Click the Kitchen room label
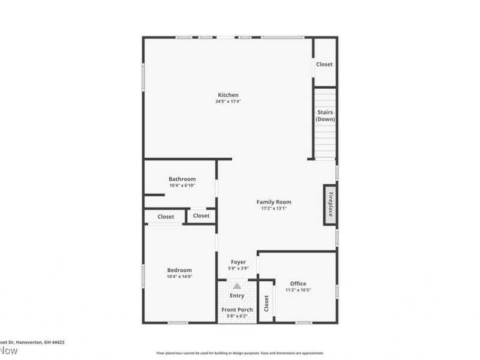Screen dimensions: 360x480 (228, 95)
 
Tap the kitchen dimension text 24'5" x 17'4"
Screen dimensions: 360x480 (228, 101)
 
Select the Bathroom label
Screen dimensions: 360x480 (182, 179)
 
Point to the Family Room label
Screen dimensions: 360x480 (274, 202)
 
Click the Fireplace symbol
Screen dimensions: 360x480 (330, 204)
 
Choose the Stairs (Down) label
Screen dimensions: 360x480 (325, 116)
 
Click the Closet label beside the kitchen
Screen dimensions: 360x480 (325, 64)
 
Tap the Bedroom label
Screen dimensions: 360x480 (180, 270)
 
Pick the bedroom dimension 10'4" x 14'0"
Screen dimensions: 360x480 (180, 277)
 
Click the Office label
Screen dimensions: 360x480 (298, 283)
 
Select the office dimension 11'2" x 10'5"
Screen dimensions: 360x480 (298, 290)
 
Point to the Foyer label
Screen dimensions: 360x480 (238, 262)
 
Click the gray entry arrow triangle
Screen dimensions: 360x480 (238, 286)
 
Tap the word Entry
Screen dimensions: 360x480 (238, 295)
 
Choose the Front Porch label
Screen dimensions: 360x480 (238, 310)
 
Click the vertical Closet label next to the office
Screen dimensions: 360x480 (266, 304)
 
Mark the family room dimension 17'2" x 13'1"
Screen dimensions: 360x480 (274, 209)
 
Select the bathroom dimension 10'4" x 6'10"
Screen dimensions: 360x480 (182, 185)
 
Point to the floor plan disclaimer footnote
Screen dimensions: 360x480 (240, 353)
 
